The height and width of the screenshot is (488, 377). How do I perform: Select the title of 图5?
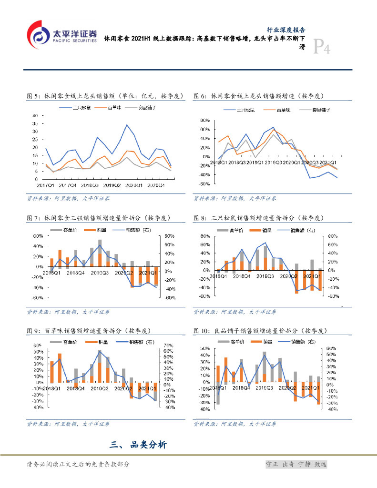105,96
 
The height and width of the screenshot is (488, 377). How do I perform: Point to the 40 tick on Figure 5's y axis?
34,116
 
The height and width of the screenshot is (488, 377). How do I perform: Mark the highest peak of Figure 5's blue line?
126,125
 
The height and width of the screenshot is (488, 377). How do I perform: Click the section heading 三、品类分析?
138,445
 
